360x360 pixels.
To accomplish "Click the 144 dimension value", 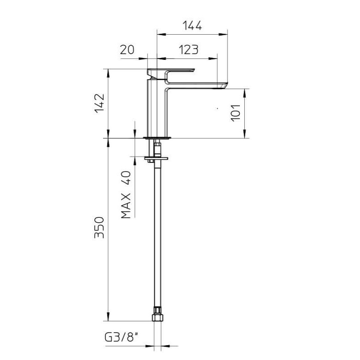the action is tap(192, 26).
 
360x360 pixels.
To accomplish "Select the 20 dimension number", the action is tap(127, 50).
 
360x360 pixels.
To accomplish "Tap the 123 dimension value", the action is tap(188, 50).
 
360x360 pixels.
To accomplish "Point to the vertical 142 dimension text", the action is tap(99, 103).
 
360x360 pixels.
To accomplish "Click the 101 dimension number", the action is tap(235, 113).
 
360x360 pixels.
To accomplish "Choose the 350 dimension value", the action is tap(99, 227).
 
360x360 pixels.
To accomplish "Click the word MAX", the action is tap(126, 206).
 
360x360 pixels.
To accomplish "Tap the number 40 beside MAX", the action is tap(126, 178).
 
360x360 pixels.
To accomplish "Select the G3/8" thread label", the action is tap(121, 337).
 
